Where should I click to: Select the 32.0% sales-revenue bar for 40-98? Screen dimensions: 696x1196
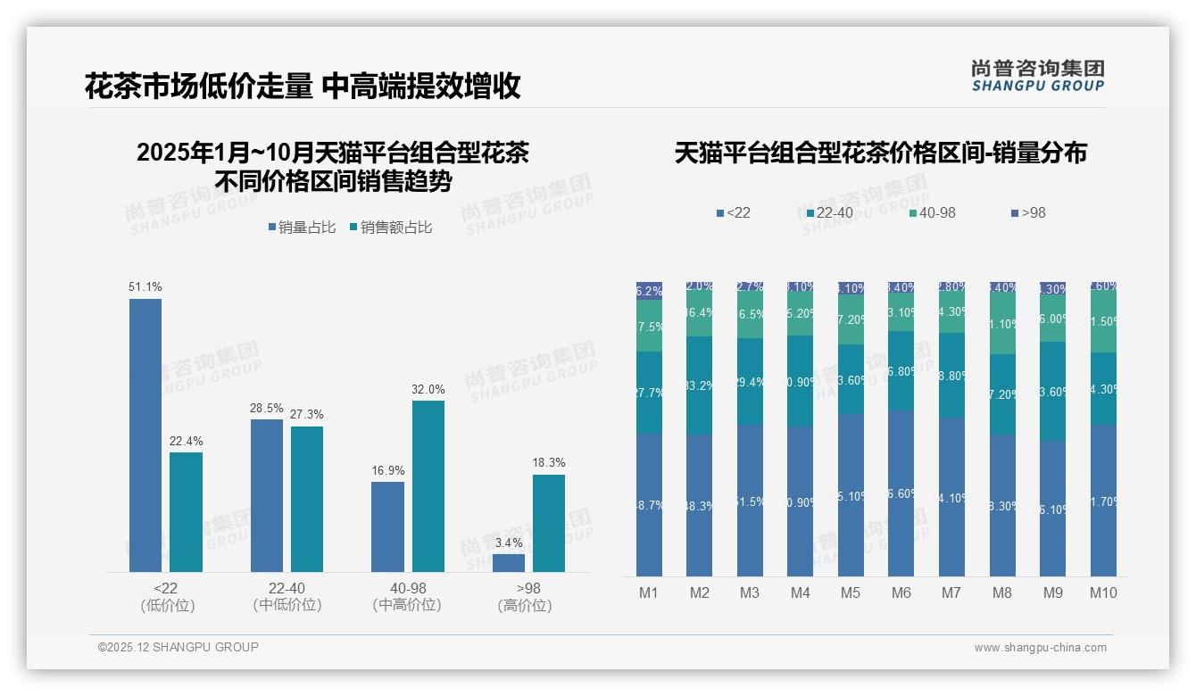(428, 486)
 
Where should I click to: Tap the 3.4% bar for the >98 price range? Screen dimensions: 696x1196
(509, 563)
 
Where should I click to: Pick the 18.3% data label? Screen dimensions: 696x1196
(549, 462)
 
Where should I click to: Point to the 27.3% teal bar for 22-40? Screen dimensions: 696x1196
(307, 499)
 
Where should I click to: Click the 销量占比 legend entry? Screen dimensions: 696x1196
(302, 228)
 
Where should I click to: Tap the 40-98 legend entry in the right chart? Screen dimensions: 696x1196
(932, 213)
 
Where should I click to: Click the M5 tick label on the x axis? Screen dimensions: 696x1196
(851, 593)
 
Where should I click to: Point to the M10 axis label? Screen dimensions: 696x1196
(1103, 593)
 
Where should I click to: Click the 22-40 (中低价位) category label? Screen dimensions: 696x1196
(287, 596)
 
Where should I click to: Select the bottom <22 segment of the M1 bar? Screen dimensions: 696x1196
(650, 505)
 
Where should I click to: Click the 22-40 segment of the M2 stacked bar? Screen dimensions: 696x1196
(700, 385)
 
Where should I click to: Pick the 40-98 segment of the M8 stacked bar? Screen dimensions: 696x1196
(1002, 324)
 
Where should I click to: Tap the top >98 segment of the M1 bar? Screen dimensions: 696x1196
(650, 291)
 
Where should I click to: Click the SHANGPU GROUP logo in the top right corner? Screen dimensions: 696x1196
(1038, 76)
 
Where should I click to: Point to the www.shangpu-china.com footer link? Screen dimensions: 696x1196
(1040, 648)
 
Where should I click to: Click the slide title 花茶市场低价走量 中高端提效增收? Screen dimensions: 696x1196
(303, 87)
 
